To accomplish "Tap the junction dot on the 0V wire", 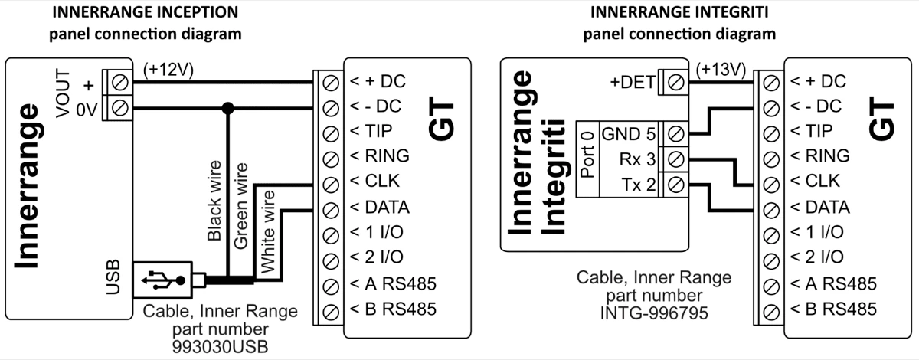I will click(227, 107).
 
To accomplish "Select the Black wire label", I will click(215, 201).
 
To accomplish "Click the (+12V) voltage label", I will click(168, 70).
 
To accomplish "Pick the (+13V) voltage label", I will click(721, 70).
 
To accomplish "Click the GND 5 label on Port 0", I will click(629, 133).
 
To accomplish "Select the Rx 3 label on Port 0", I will click(638, 159).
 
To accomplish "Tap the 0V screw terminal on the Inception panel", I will click(119, 107).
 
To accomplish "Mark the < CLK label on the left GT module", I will click(378, 182).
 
